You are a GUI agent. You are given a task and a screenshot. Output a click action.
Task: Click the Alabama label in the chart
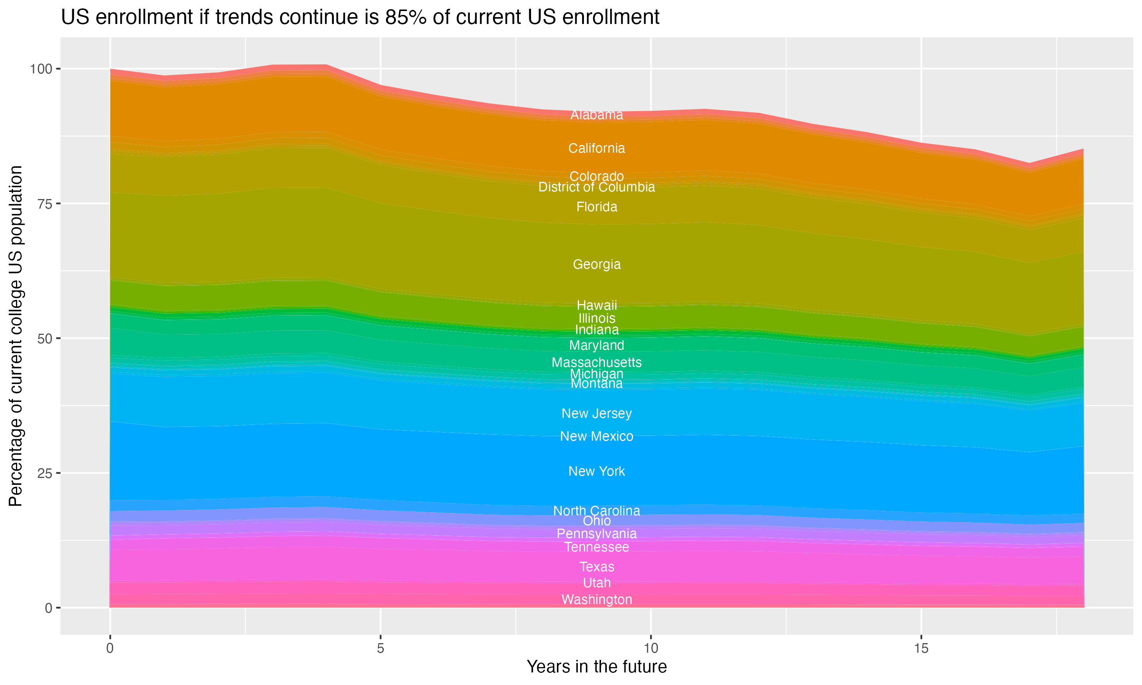click(597, 115)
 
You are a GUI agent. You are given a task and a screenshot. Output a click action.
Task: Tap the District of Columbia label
click(597, 187)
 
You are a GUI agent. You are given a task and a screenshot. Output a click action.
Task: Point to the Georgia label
click(597, 264)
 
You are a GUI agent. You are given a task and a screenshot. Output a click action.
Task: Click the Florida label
click(597, 207)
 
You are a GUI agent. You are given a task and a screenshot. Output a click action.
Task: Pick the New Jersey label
click(597, 413)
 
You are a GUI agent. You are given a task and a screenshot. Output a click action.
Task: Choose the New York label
click(597, 471)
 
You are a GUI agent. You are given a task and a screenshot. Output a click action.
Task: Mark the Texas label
click(597, 566)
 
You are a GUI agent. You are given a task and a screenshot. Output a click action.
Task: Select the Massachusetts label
click(597, 362)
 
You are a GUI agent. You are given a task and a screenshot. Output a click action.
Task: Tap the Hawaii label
click(597, 305)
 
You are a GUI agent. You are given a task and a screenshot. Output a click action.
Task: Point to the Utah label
click(597, 583)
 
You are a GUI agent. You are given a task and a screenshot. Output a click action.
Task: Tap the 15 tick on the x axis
click(921, 648)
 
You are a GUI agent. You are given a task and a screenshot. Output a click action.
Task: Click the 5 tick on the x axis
click(380, 648)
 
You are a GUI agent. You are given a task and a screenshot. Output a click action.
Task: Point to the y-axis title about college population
click(16, 336)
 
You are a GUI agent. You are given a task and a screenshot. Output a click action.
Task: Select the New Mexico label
click(597, 436)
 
